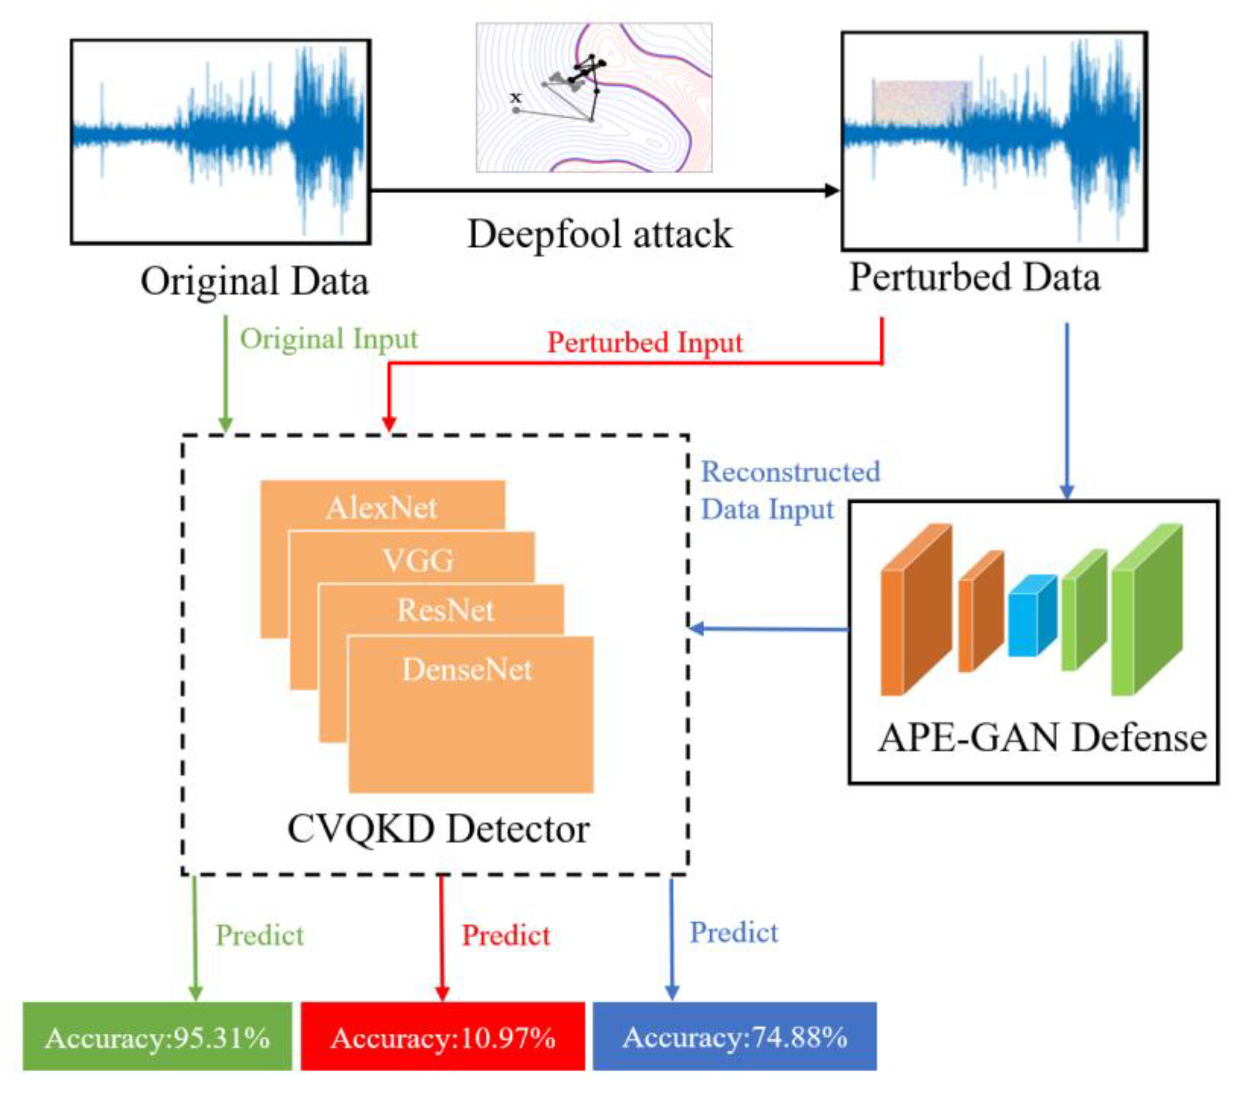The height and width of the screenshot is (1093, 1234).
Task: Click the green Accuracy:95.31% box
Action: [x=157, y=1037]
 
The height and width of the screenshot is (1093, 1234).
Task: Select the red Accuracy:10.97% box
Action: [x=443, y=1037]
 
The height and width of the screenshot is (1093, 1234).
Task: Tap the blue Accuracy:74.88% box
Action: [x=734, y=1037]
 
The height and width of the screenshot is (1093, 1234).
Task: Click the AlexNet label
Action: [x=381, y=508]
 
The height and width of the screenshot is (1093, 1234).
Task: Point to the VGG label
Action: [x=418, y=560]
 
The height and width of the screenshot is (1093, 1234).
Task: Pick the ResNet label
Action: [x=446, y=610]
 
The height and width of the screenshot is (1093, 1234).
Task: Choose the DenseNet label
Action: [x=467, y=669]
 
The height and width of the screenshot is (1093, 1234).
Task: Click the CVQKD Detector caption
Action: [x=438, y=829]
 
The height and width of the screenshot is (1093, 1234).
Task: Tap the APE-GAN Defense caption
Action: [x=1042, y=738]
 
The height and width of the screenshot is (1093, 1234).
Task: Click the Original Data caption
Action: [x=254, y=281]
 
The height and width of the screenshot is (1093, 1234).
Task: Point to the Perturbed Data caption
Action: [x=975, y=277]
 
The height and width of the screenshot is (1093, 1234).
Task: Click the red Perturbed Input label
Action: [x=644, y=343]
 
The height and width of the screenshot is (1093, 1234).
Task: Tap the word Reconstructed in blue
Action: [x=790, y=472]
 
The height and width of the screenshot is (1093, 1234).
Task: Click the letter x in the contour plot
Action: [x=515, y=97]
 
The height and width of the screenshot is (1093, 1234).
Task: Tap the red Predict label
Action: [x=506, y=935]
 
